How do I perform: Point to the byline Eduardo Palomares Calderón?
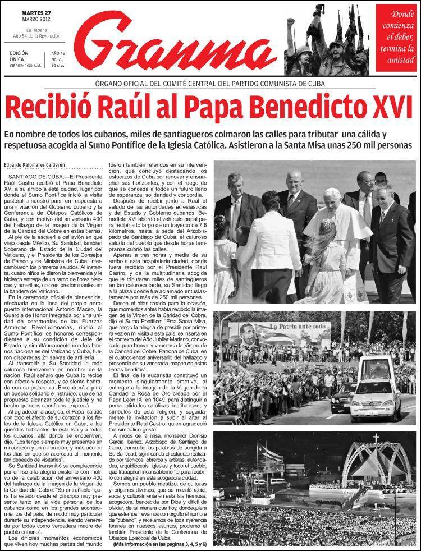[39, 164]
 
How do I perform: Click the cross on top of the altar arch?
[376, 438]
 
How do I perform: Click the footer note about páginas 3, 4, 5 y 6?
[160, 544]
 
